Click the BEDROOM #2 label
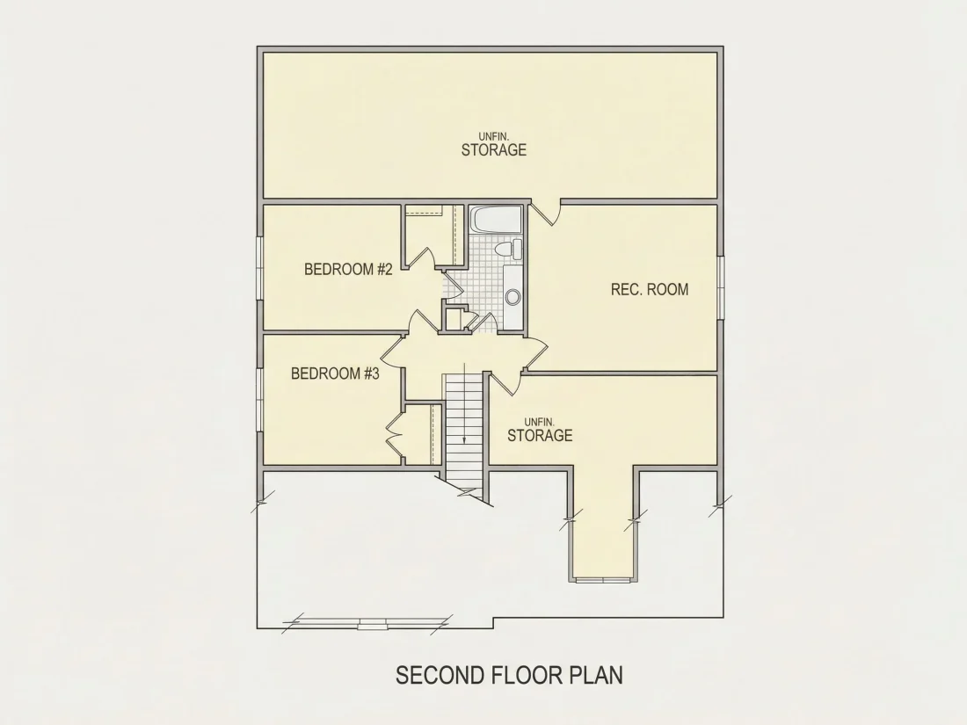(348, 270)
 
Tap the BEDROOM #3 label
(335, 373)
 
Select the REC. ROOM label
(650, 289)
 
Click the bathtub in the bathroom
(497, 221)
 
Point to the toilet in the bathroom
(508, 250)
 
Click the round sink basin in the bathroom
(513, 297)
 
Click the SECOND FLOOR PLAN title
(509, 675)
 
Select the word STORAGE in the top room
(494, 149)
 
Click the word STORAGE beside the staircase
(540, 435)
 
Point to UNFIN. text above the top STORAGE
(494, 136)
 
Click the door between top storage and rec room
(546, 212)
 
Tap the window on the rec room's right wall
(720, 287)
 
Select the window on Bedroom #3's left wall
(260, 400)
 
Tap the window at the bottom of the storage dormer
(604, 579)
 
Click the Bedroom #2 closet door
(424, 257)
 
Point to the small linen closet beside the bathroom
(454, 318)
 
